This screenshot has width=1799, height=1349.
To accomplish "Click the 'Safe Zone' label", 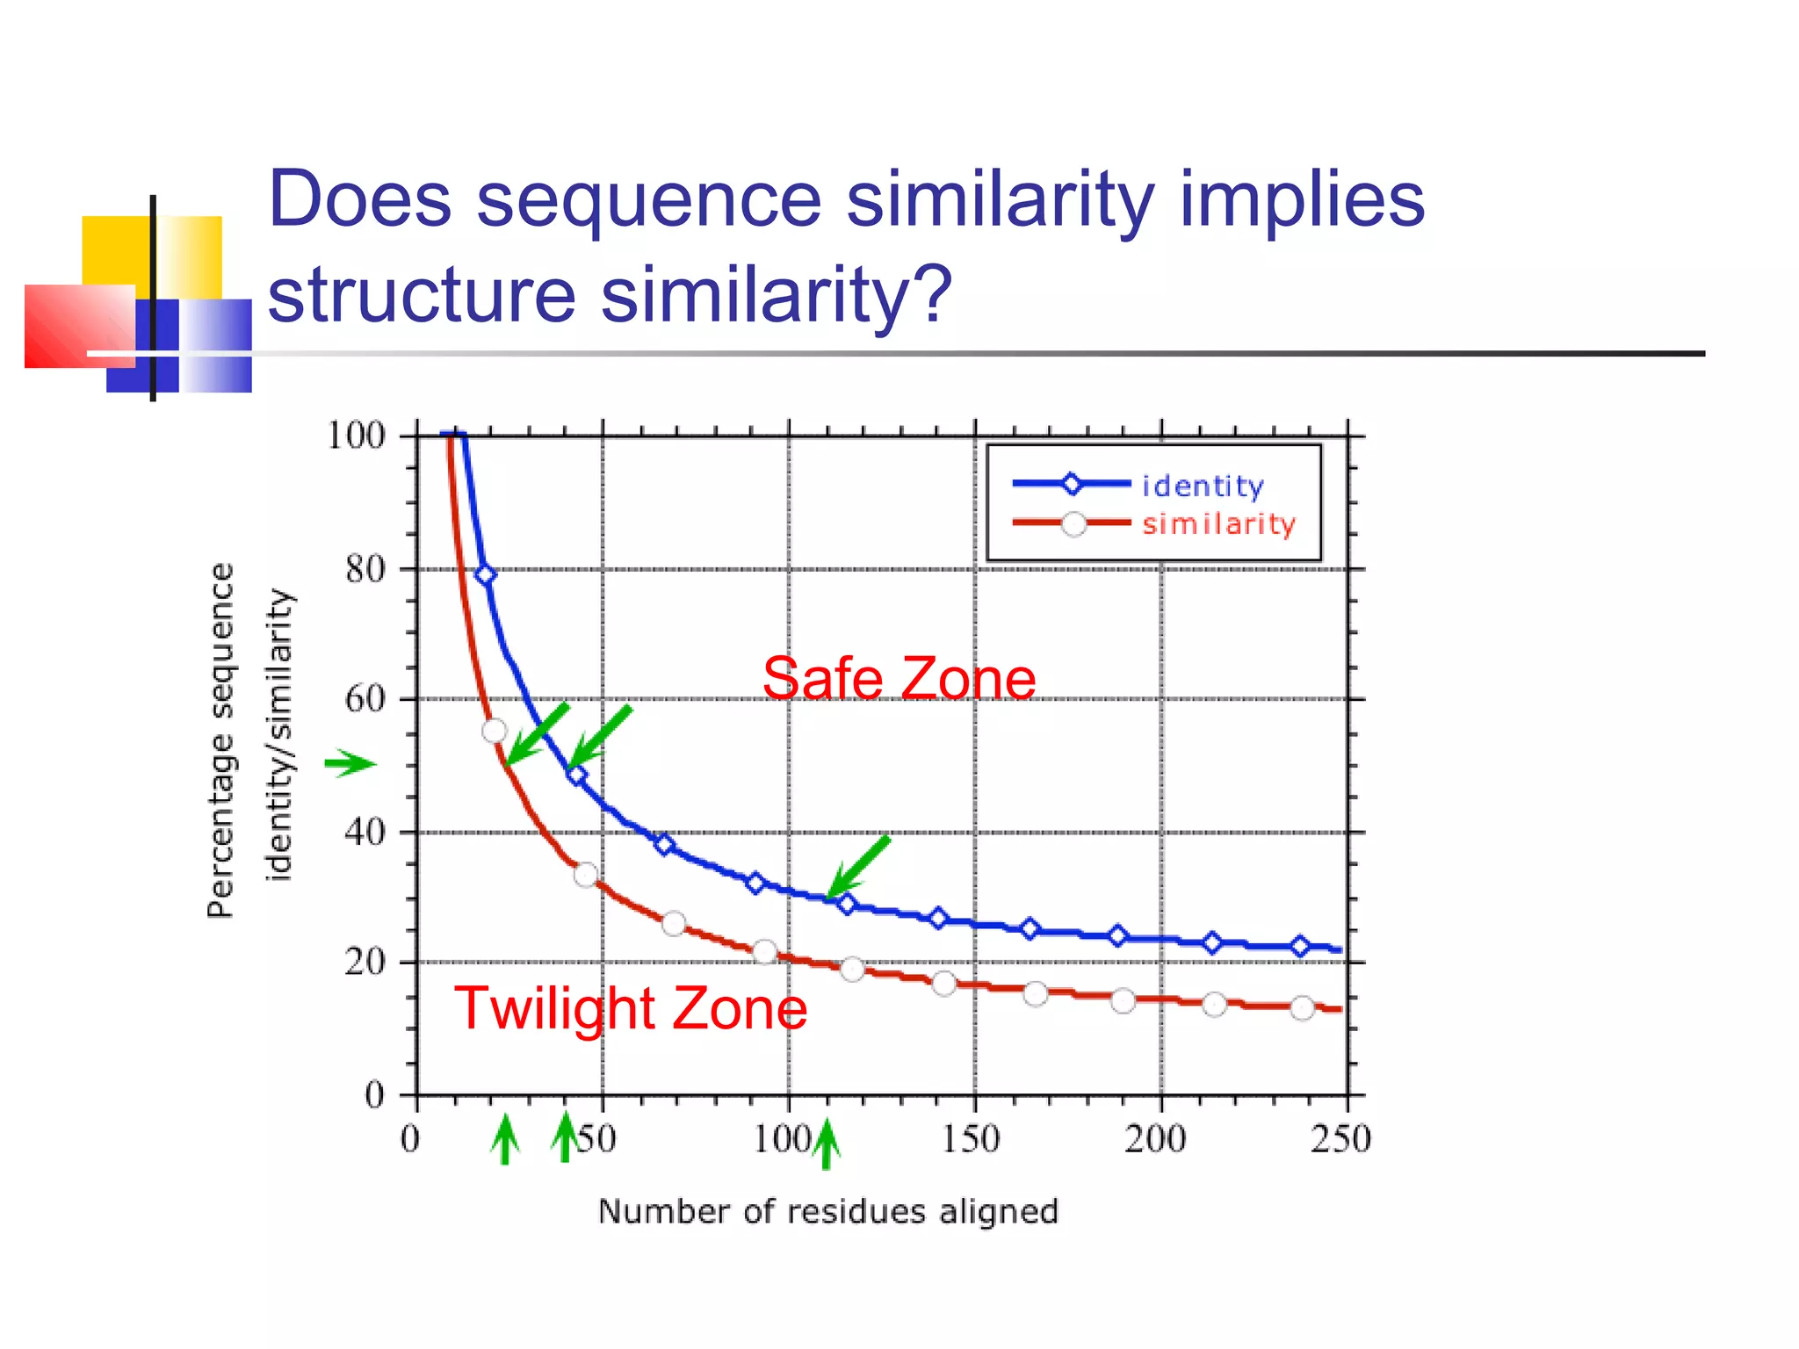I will tap(899, 679).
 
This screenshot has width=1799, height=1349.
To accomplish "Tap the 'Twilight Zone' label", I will tap(630, 1008).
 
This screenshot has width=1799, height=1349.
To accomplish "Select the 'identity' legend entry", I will tap(1202, 486).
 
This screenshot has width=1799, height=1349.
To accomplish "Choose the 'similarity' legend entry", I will tap(1218, 524).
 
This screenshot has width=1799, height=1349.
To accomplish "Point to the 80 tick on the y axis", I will tap(365, 570).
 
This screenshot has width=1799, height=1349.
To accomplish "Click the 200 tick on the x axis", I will tap(1155, 1139).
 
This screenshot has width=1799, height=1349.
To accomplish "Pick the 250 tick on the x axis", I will tap(1340, 1139).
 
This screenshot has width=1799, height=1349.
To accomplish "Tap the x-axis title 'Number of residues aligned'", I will tap(827, 1212).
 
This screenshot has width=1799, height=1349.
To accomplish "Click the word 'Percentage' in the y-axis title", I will tap(220, 826).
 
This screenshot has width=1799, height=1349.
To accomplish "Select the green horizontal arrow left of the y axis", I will tap(350, 763).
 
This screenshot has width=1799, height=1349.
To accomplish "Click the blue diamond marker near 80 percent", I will tap(485, 574).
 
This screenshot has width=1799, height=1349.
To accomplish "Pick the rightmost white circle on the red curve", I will tap(1302, 1007).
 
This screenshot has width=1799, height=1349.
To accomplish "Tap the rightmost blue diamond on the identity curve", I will tap(1300, 946).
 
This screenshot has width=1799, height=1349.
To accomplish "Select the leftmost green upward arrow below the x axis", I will tap(504, 1139).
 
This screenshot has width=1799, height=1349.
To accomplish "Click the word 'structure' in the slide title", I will tap(422, 294).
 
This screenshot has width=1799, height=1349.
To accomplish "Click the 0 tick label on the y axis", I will tap(375, 1095).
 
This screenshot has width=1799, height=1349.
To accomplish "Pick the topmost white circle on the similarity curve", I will tap(495, 730).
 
